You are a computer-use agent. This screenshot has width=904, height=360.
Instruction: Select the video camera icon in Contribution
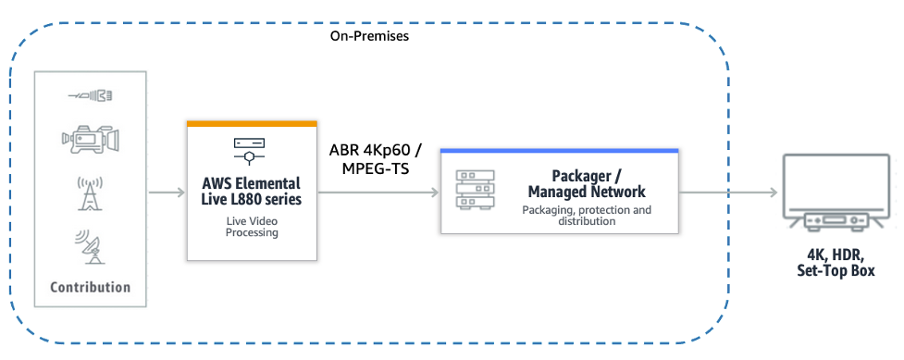point(90,140)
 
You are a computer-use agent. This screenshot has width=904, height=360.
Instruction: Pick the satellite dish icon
point(90,245)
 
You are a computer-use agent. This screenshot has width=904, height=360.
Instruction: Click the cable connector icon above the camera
point(90,95)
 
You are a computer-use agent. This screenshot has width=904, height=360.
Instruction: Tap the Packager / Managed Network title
point(586,183)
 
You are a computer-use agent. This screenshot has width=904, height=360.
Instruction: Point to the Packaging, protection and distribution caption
point(586,216)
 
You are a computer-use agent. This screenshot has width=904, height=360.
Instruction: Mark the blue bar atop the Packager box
point(560,151)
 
